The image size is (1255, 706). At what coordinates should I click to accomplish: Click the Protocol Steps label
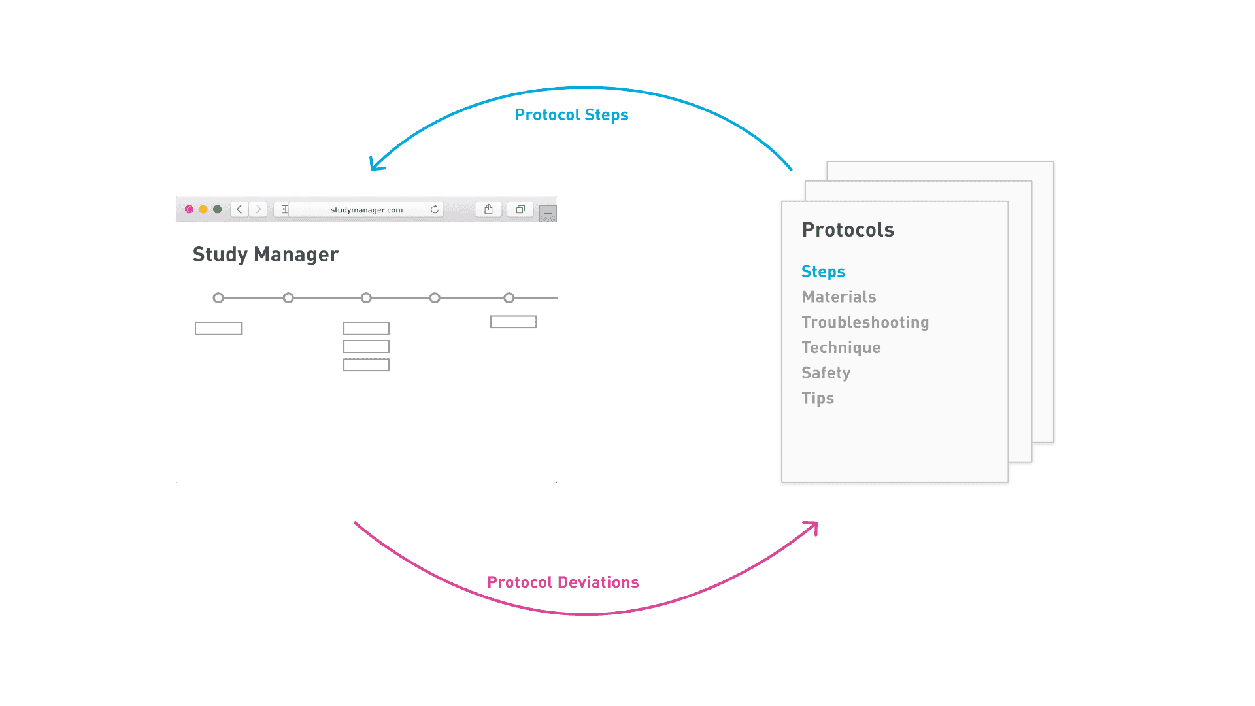[x=571, y=115]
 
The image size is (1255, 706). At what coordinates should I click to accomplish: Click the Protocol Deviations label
[x=563, y=582]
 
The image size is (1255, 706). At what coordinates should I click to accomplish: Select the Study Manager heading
[x=265, y=254]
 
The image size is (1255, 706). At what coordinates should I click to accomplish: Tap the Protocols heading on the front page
[x=848, y=229]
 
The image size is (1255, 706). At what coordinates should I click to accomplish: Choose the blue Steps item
[x=823, y=272]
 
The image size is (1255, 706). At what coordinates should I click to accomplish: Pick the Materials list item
[x=839, y=297]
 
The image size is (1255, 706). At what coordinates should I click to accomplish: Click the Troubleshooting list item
[x=865, y=322]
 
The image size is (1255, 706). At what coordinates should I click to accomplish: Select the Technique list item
[x=841, y=348]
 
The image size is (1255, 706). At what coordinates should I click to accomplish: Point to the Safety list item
[x=826, y=373]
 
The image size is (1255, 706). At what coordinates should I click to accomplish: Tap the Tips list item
[x=818, y=398]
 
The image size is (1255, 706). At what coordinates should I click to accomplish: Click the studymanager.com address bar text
[x=367, y=210]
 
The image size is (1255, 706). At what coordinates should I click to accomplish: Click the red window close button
[x=189, y=209]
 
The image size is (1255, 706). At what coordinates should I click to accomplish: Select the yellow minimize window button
[x=203, y=209]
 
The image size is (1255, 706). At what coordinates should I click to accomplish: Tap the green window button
[x=218, y=209]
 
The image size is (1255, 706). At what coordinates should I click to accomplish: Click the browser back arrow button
[x=239, y=209]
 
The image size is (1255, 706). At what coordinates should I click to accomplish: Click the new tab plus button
[x=548, y=213]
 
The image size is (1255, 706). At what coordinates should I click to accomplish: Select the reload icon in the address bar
[x=435, y=209]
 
